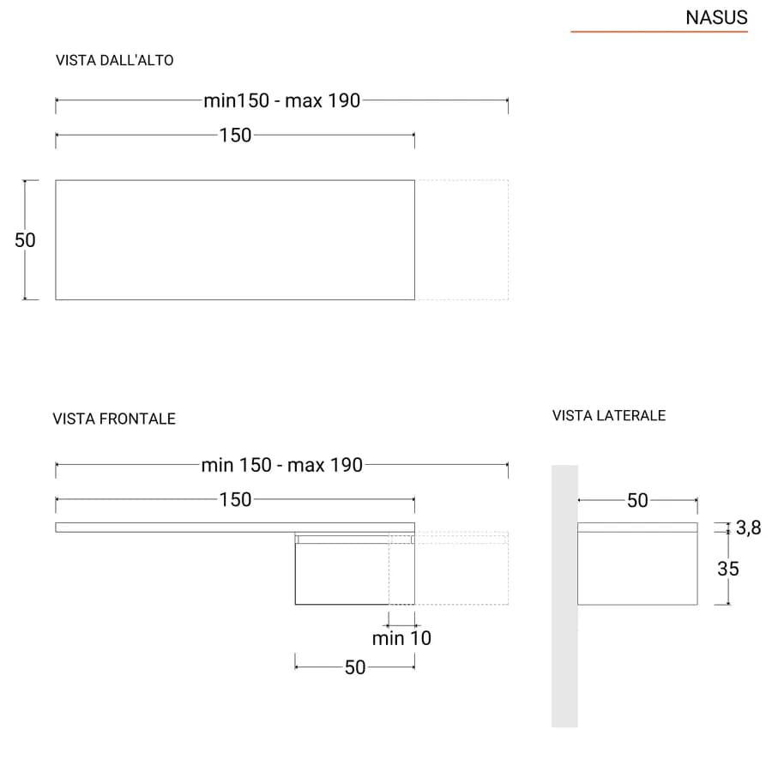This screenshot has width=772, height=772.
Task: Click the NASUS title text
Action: pos(716,18)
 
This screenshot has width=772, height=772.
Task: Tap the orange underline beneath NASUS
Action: pos(660,32)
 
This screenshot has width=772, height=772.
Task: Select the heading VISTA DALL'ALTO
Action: pos(115,61)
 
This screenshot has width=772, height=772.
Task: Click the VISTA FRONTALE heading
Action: pos(114,419)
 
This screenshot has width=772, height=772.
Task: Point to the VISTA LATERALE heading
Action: pos(609,415)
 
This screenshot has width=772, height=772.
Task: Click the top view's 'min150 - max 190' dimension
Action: pos(282,100)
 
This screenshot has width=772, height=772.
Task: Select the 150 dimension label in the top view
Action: pos(235,136)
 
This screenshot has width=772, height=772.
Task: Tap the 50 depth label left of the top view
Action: pos(25,240)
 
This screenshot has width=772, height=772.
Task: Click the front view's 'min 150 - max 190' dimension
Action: pos(282,465)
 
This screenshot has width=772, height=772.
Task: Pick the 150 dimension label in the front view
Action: pos(235,500)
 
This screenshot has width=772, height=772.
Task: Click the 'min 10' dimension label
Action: pos(401,638)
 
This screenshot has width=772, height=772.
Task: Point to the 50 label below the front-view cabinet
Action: pos(355,667)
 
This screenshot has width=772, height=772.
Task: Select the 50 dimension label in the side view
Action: pos(637,501)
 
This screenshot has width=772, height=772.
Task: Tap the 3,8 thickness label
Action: pos(748,528)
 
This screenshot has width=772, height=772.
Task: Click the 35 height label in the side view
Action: pos(728,570)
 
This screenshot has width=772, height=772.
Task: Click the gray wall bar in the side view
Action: pos(564,596)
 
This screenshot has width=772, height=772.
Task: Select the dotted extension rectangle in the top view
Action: pos(508,240)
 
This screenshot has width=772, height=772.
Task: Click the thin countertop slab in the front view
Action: pos(235,528)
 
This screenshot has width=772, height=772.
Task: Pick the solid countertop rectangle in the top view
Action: pos(55,240)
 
